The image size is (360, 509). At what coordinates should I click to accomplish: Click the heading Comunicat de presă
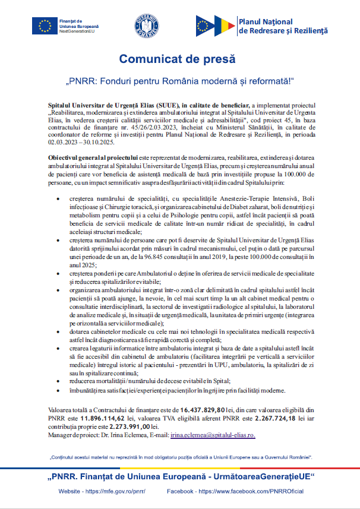pyautogui.click(x=178, y=59)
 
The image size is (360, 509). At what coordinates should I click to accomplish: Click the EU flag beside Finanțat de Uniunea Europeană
pyautogui.click(x=45, y=25)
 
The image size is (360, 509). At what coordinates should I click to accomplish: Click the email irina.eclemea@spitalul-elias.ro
pyautogui.click(x=213, y=435)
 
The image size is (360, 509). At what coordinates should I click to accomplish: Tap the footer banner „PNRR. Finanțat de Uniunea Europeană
pyautogui.click(x=179, y=478)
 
